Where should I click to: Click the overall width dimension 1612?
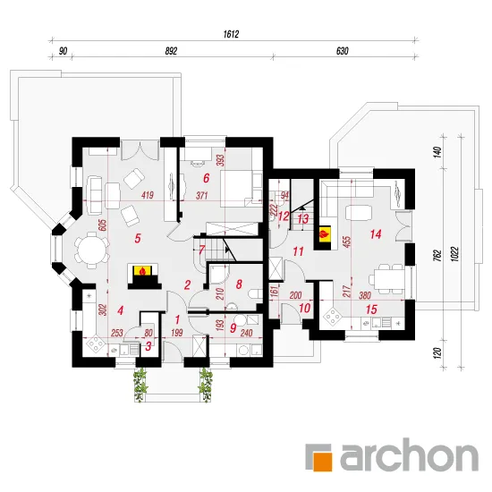tap(232, 34)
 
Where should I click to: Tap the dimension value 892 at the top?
tap(172, 51)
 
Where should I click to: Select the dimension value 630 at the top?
tap(343, 51)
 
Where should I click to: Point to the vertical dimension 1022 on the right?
tap(455, 254)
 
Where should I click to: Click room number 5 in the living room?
tap(138, 239)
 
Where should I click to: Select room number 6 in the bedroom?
tap(206, 178)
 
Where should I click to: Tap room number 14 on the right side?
tap(376, 234)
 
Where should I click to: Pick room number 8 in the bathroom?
tap(239, 284)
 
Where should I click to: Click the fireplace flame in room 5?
tap(143, 271)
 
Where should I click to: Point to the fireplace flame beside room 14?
tap(325, 233)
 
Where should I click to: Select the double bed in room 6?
tap(241, 188)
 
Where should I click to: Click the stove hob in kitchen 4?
tap(96, 345)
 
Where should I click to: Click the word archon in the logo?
tap(409, 454)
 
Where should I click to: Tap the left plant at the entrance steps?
tap(140, 385)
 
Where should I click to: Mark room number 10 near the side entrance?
tap(304, 308)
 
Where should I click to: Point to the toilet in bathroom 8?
tap(256, 294)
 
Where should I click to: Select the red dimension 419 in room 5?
tap(148, 195)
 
